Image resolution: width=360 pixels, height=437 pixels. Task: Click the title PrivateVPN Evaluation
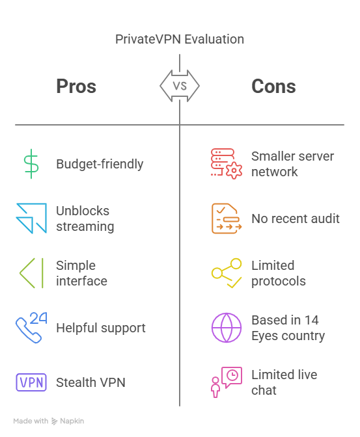pyautogui.click(x=180, y=39)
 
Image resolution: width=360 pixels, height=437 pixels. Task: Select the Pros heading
pyautogui.click(x=76, y=86)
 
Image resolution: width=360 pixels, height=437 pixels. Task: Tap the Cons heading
pyautogui.click(x=273, y=86)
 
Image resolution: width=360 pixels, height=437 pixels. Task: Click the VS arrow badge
pyautogui.click(x=180, y=86)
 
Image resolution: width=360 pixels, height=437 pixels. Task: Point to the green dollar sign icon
pyautogui.click(x=31, y=164)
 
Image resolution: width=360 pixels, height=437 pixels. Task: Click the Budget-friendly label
pyautogui.click(x=100, y=164)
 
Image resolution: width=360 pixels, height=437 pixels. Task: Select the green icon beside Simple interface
pyautogui.click(x=31, y=273)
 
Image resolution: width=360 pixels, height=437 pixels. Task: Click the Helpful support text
pyautogui.click(x=101, y=328)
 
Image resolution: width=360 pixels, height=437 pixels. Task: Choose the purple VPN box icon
pyautogui.click(x=31, y=382)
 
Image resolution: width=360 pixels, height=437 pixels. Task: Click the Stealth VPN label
pyautogui.click(x=90, y=382)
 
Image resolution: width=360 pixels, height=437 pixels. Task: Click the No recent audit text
pyautogui.click(x=296, y=218)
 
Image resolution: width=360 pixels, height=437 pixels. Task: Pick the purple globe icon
pyautogui.click(x=227, y=328)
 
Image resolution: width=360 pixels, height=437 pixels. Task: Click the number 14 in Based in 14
pyautogui.click(x=311, y=320)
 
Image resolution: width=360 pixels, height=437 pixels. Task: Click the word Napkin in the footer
pyautogui.click(x=72, y=421)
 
